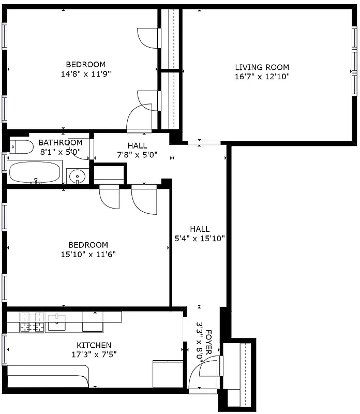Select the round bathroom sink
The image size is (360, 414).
[x=78, y=176]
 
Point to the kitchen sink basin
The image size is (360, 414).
[x=56, y=325]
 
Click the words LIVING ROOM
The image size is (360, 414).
[x=262, y=67]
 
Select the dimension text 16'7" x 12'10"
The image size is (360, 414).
[x=262, y=77]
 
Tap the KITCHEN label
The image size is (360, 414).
[x=94, y=345]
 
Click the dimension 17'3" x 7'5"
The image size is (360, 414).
[x=94, y=354]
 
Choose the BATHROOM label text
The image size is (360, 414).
[x=60, y=143]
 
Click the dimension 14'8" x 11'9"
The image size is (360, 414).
[x=85, y=73]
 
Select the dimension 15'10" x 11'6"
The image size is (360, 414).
[x=88, y=254]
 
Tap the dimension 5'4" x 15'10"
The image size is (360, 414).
[x=199, y=238]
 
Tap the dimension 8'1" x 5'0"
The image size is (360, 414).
[x=60, y=152]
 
